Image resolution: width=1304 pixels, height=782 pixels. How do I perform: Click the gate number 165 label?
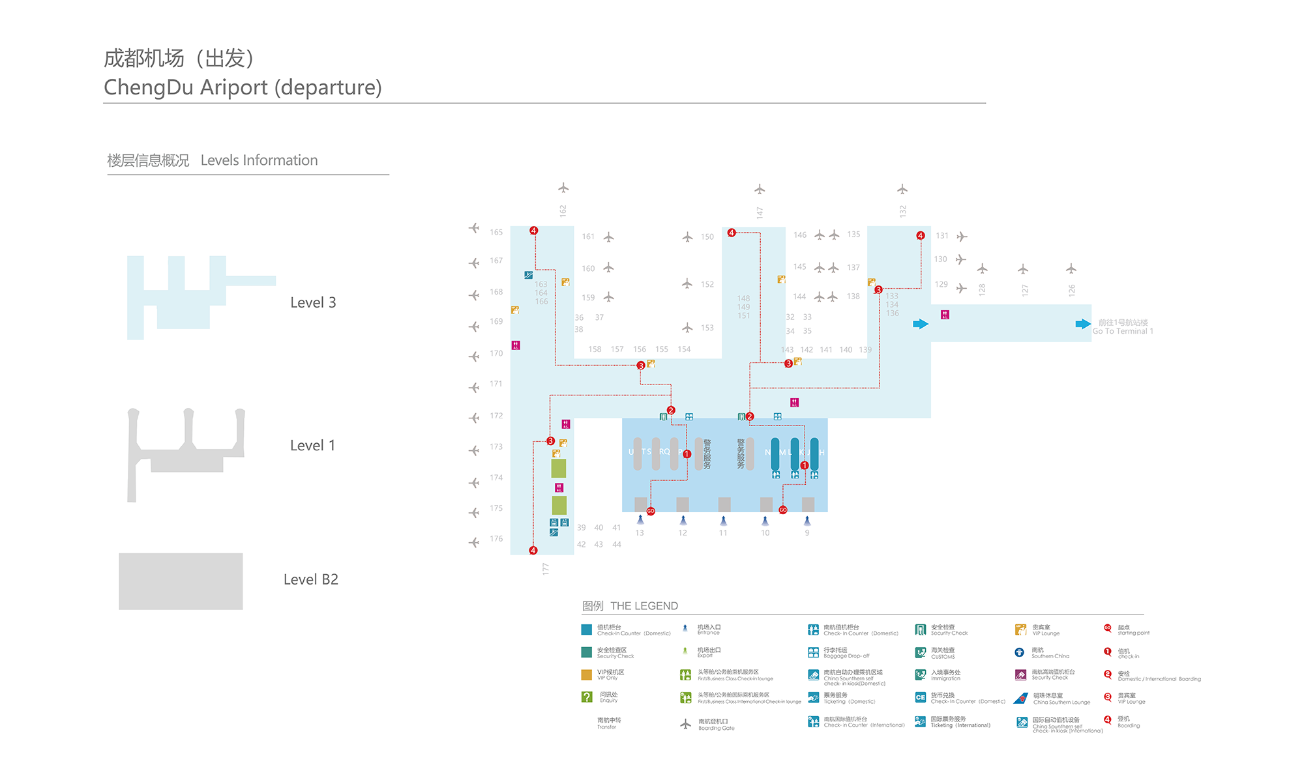496,232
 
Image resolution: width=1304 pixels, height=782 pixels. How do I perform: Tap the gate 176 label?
496,539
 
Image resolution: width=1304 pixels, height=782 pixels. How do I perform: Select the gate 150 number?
707,237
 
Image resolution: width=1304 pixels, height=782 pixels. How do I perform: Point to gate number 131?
942,236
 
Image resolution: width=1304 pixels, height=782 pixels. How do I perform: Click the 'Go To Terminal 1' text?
1123,331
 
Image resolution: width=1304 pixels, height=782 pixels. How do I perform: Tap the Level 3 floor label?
313,302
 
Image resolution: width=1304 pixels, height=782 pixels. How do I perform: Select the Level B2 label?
310,579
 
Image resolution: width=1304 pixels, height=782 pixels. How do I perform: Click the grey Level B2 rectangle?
181,581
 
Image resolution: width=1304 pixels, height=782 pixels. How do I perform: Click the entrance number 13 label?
640,533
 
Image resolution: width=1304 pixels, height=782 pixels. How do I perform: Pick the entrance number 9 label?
807,533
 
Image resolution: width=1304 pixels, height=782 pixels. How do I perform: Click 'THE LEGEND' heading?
644,606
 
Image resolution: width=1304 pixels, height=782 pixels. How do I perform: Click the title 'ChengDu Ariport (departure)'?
243,87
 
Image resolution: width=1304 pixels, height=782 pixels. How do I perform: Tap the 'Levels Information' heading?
259,160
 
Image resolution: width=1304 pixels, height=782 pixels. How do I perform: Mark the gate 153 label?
707,328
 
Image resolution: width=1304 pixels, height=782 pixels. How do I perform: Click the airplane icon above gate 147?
760,190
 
